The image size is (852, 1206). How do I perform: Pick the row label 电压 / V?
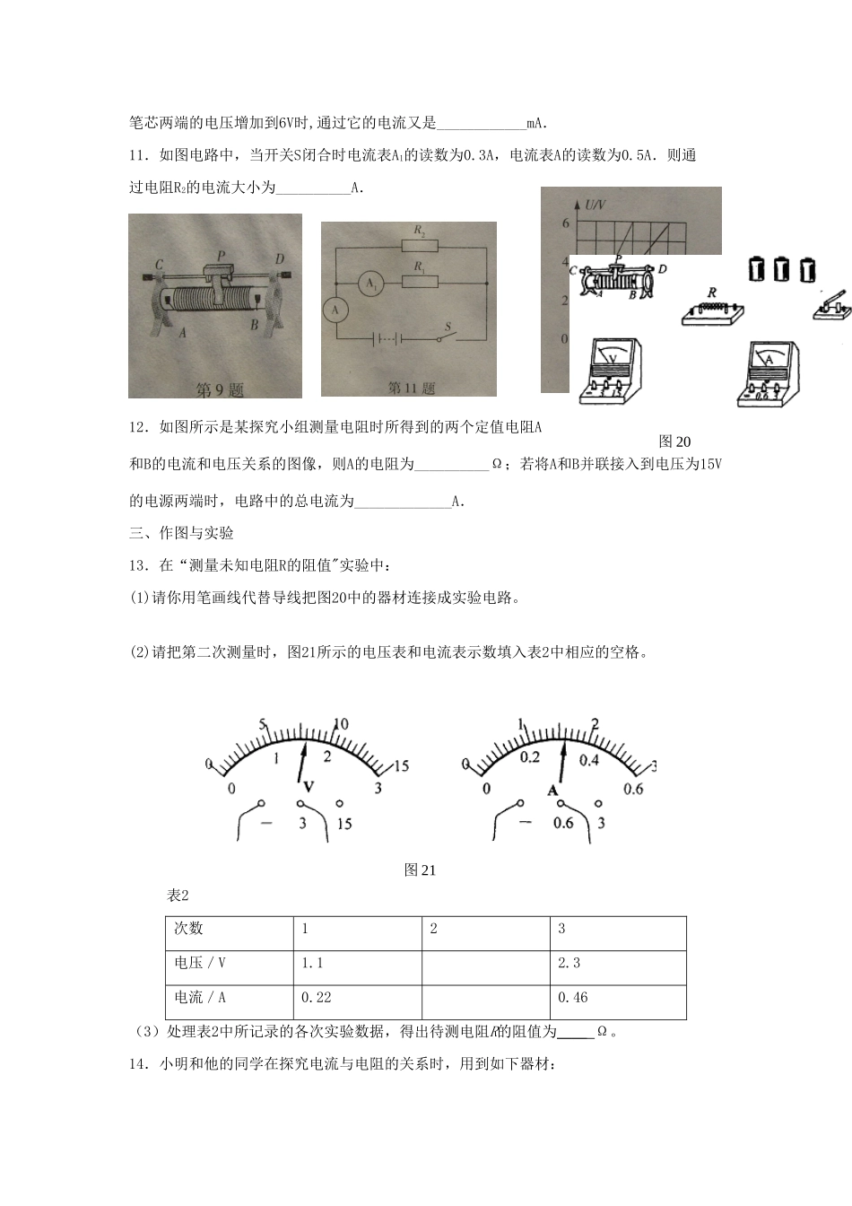pos(200,963)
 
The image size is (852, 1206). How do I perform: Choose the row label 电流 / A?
pos(200,997)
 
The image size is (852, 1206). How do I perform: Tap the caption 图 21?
pos(420,870)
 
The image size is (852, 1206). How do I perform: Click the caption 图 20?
pos(674,441)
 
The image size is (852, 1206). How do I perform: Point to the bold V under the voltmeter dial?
pos(309,786)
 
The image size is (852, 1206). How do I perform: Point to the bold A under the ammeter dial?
pos(553,790)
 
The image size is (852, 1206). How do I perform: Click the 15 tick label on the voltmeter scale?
pos(400,765)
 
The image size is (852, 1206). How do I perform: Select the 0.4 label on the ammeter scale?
pos(588,760)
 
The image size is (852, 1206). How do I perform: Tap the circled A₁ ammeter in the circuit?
pos(369,284)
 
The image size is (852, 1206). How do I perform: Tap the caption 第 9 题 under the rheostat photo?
pos(220,390)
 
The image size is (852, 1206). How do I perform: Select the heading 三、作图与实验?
pos(181,533)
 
